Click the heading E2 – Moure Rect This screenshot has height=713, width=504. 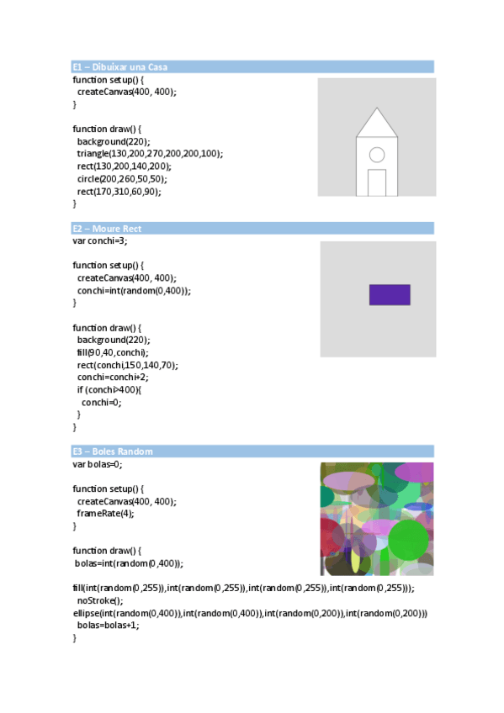point(107,228)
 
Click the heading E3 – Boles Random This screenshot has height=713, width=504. point(113,451)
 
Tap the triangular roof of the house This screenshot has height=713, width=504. point(376,125)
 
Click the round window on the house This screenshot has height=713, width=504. point(377,155)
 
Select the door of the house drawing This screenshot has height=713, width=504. point(377,182)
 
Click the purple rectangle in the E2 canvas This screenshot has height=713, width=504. point(390,294)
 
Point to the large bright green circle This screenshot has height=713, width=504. point(410,539)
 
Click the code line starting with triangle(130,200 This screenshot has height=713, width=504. point(150,154)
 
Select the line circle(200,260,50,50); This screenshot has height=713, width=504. point(123,178)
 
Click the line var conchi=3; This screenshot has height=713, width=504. point(100,240)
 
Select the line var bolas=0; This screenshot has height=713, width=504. point(98,463)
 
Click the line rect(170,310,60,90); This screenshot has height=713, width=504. point(119,191)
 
